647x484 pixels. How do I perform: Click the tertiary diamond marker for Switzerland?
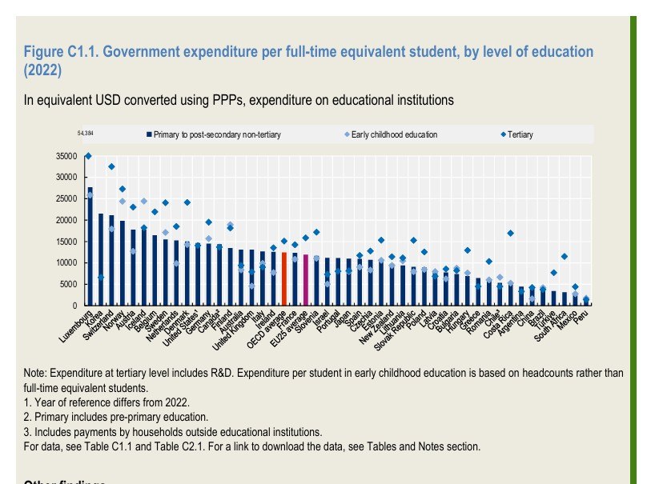(111, 166)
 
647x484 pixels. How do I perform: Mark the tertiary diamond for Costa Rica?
(510, 234)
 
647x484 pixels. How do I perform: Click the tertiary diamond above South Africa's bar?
(564, 257)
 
